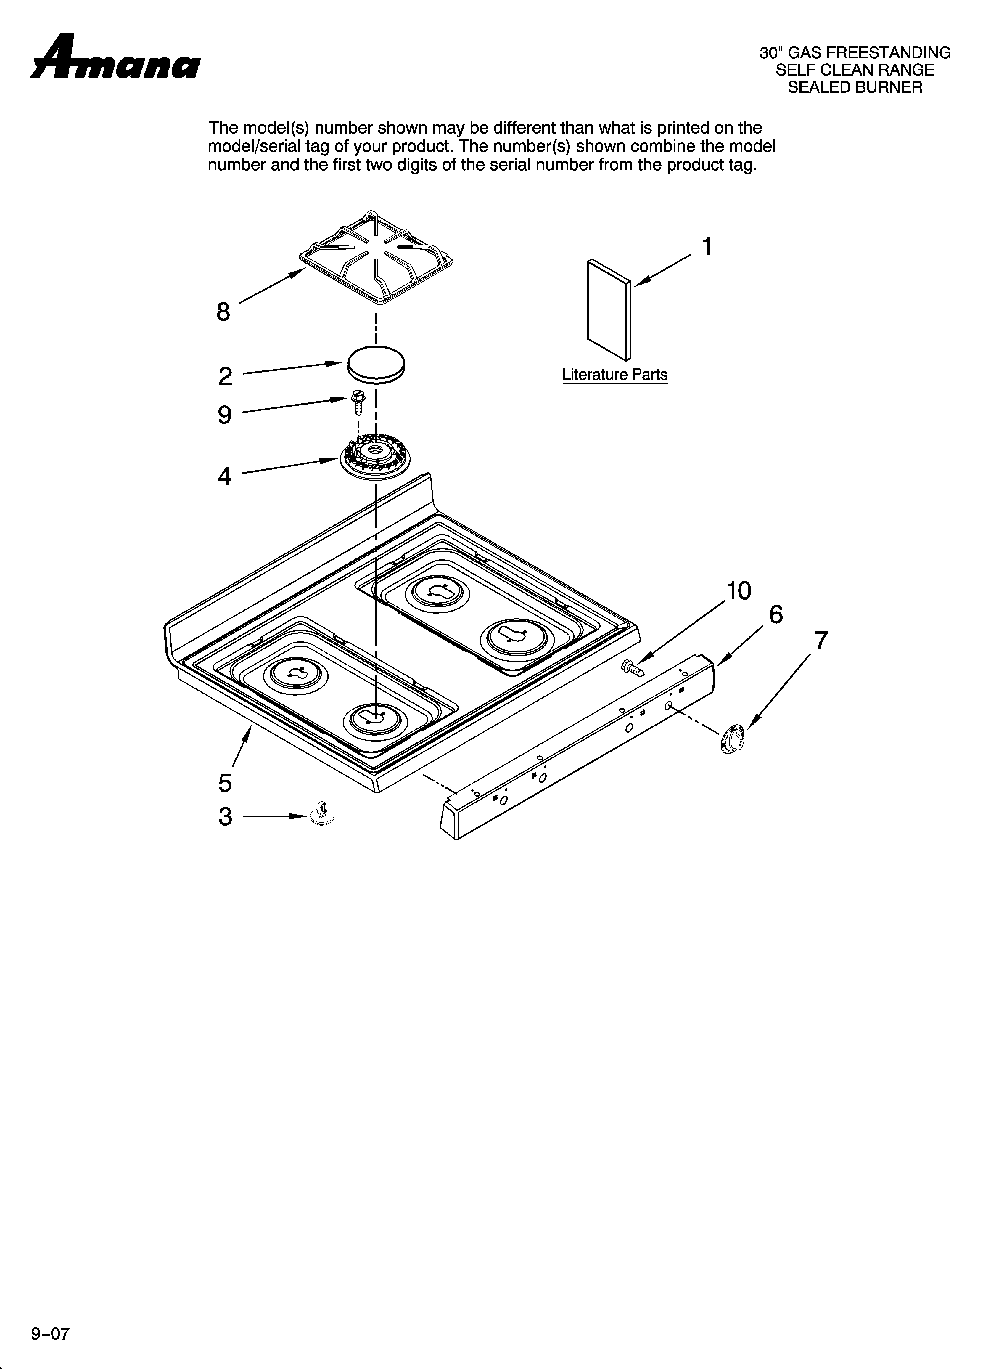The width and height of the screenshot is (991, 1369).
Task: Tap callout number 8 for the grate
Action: (x=223, y=312)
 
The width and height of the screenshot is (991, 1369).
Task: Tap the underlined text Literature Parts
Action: (x=614, y=375)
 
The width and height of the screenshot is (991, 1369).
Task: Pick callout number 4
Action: (x=224, y=477)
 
